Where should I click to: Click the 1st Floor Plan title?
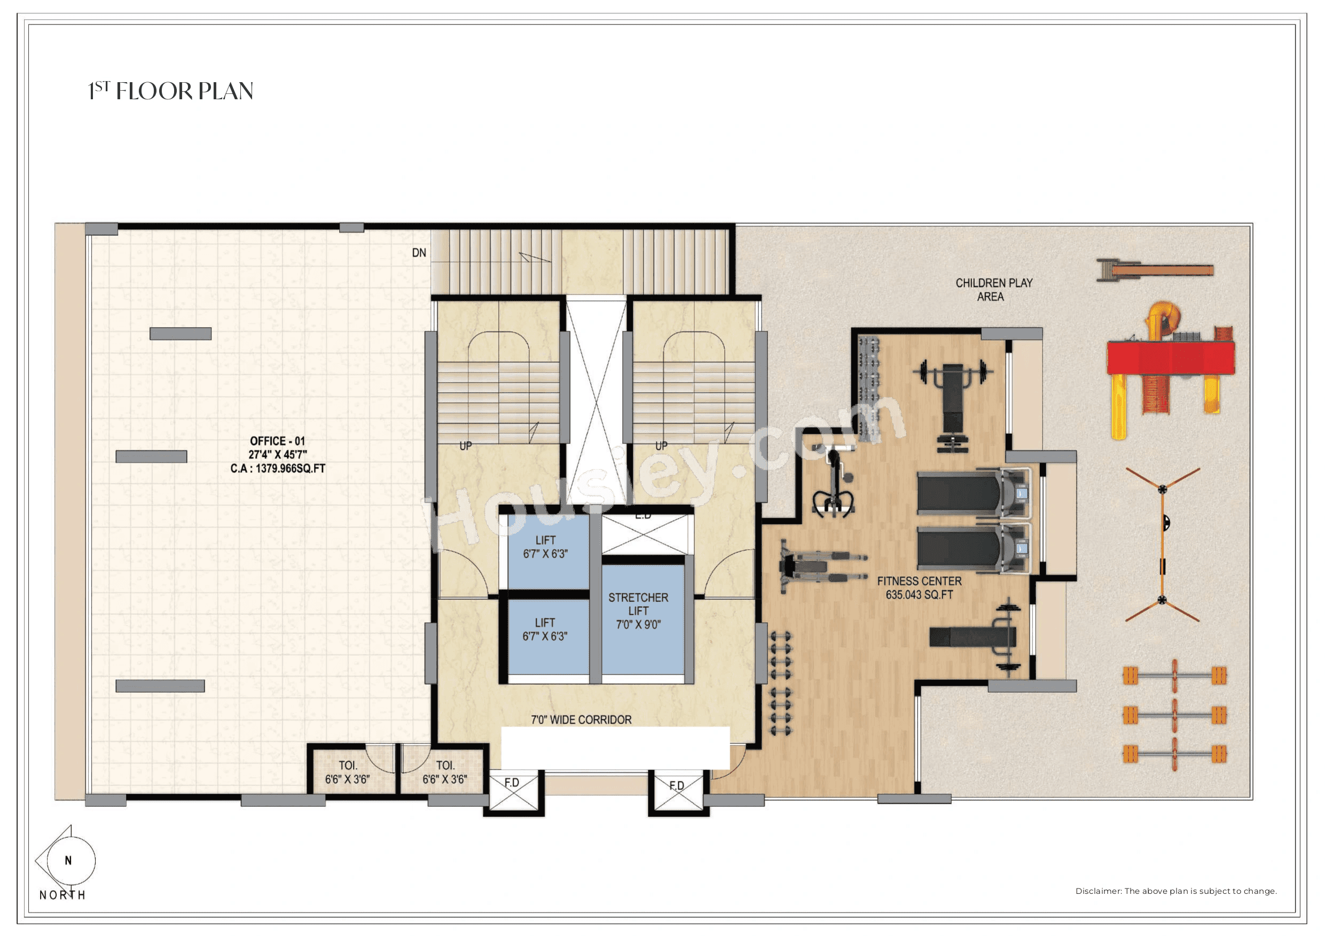tap(170, 91)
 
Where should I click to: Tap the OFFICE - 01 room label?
tap(277, 441)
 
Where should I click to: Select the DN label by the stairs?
tap(419, 252)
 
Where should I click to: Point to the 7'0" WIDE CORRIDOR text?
tap(581, 720)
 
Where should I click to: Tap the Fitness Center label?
tap(919, 581)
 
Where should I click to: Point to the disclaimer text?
tap(1175, 891)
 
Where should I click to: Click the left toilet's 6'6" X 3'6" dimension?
tap(348, 780)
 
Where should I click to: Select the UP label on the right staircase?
tap(661, 446)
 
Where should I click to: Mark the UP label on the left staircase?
tap(466, 446)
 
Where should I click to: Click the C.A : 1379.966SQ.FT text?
tap(278, 469)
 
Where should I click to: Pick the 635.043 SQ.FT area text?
tap(919, 594)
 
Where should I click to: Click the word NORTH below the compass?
tap(62, 895)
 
